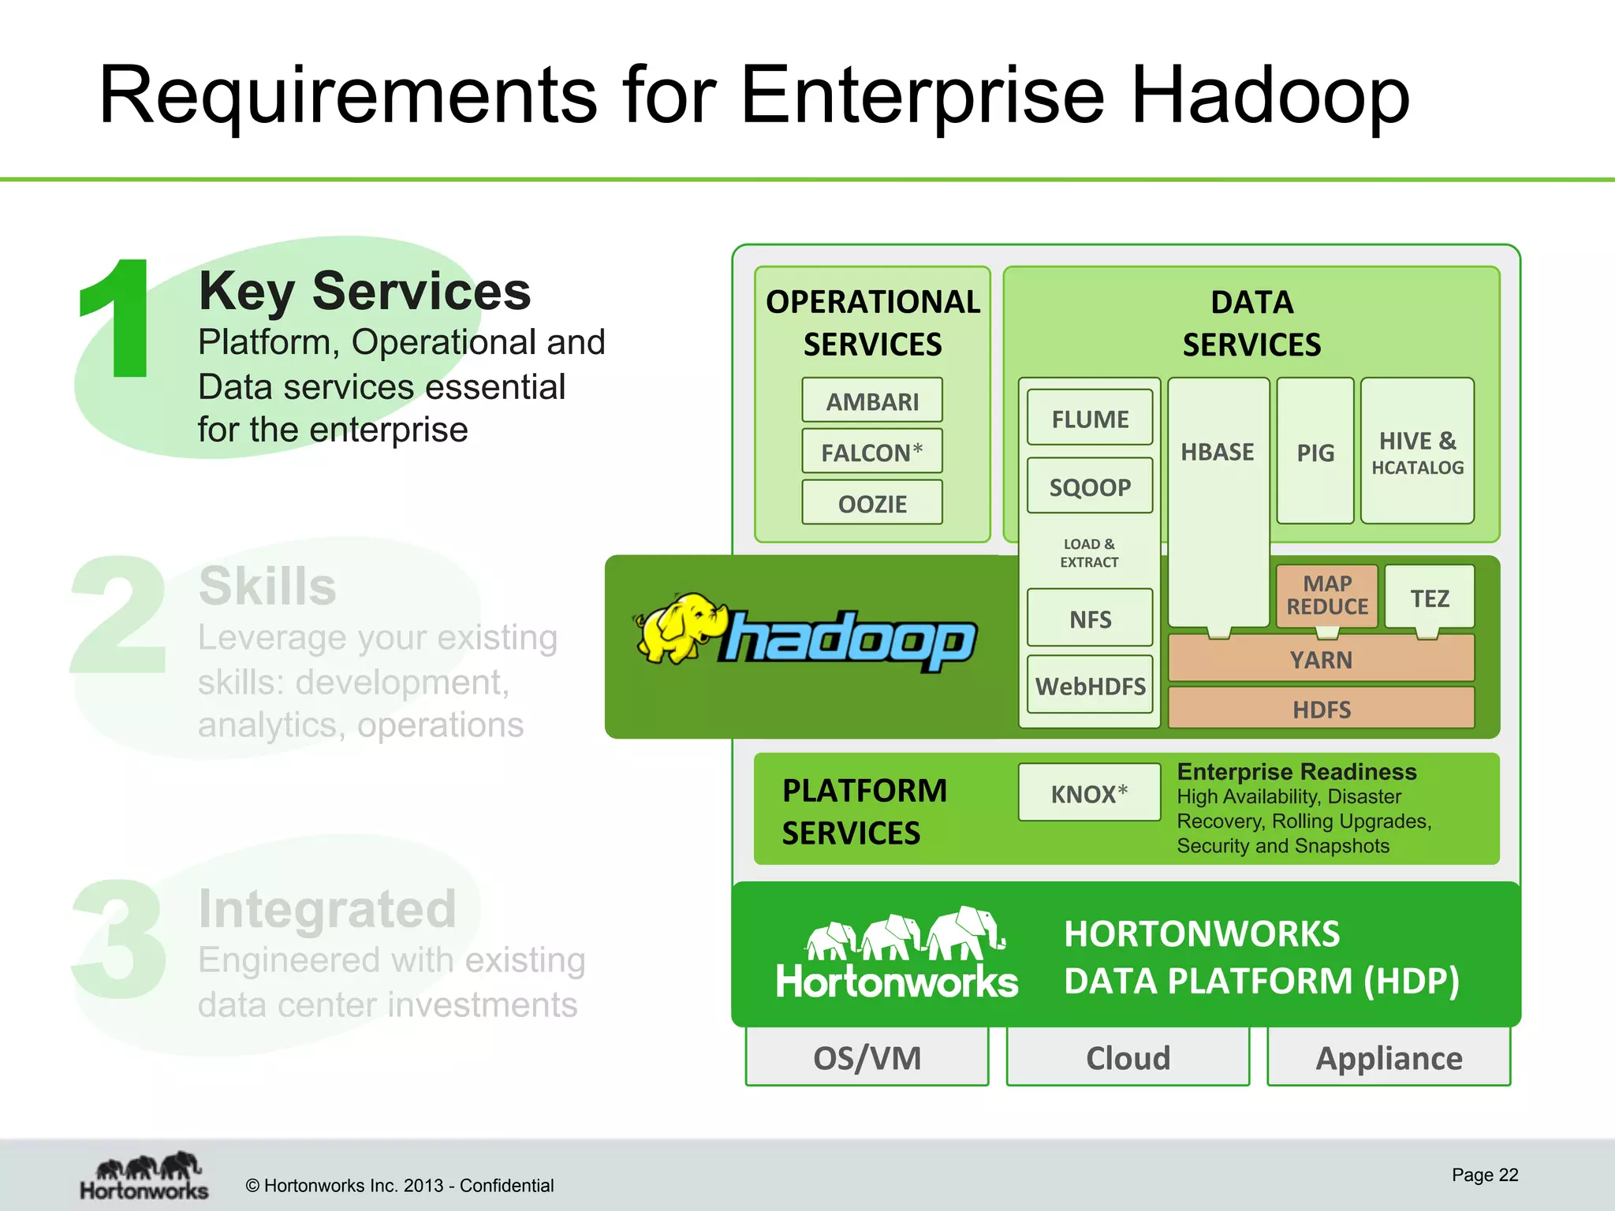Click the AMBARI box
point(871,401)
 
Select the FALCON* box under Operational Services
point(871,452)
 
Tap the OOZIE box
point(871,503)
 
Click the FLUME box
point(1089,418)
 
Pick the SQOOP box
point(1089,486)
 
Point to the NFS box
point(1089,618)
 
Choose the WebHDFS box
point(1089,685)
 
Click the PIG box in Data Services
point(1315,452)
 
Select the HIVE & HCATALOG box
point(1416,452)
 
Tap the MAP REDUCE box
point(1326,595)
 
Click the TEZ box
point(1429,597)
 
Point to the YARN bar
point(1320,659)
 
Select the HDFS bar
point(1320,709)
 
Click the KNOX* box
point(1088,792)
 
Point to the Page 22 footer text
point(1484,1175)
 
